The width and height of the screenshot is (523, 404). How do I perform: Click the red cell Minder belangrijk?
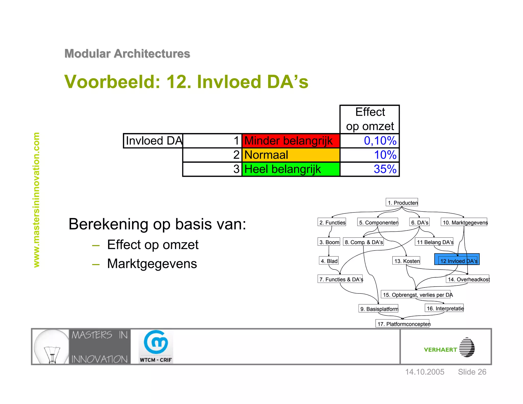(x=291, y=141)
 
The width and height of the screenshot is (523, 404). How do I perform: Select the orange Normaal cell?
(x=291, y=155)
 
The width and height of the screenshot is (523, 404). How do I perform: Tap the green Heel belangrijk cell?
(x=291, y=169)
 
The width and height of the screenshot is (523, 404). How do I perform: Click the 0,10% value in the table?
(x=370, y=141)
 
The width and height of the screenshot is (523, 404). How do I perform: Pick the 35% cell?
(x=370, y=169)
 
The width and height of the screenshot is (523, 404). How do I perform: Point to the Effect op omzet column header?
(x=370, y=119)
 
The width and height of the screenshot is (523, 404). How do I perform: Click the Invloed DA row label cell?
(x=153, y=141)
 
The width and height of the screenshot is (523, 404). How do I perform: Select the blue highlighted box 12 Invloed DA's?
(x=457, y=259)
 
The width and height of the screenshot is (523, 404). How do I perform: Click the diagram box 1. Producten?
(x=402, y=202)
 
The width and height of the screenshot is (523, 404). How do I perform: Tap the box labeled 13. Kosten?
(x=406, y=261)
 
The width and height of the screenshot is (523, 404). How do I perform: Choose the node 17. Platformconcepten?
(x=402, y=324)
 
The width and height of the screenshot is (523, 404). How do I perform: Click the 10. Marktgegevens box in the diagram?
(x=464, y=222)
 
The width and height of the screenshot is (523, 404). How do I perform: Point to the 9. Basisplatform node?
(x=378, y=308)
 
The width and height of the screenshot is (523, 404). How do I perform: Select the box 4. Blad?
(x=329, y=261)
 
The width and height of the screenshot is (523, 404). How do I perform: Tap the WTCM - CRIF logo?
(x=156, y=347)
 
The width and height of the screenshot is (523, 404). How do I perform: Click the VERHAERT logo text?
(x=440, y=350)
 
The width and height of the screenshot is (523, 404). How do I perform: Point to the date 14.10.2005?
(x=425, y=372)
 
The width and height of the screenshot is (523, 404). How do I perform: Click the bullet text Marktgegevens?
(x=152, y=264)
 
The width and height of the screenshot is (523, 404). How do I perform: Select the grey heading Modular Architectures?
(x=127, y=54)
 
